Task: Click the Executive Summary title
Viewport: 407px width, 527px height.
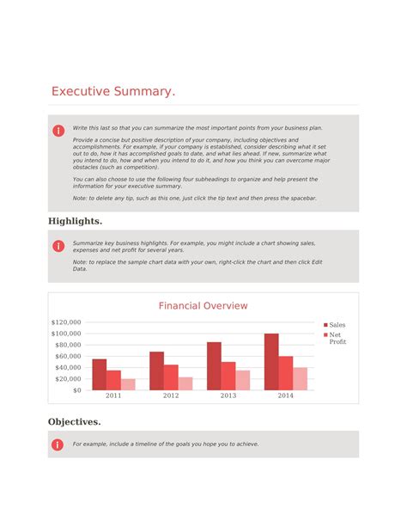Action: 112,91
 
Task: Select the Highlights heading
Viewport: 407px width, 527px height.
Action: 75,221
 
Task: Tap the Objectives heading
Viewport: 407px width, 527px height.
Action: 74,421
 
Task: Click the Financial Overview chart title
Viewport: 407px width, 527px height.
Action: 203,305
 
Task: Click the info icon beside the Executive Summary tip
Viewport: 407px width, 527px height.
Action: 58,130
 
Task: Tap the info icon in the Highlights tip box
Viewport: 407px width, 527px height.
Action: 58,246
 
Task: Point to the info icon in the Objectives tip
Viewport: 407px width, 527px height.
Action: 58,444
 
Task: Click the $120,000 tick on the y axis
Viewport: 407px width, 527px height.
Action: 66,322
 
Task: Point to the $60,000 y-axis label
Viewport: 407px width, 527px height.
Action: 68,356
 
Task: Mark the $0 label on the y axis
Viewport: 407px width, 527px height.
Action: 76,390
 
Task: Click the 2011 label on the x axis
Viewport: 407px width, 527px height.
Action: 113,396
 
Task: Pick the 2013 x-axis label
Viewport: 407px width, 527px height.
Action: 228,396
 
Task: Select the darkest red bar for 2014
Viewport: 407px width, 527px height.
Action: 271,362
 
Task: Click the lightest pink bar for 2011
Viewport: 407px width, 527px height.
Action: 128,384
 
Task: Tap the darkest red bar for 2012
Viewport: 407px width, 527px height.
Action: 156,371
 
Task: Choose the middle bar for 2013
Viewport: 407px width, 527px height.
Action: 228,376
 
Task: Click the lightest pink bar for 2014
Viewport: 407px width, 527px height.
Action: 300,379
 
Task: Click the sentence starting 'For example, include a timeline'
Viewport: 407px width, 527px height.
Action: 165,444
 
